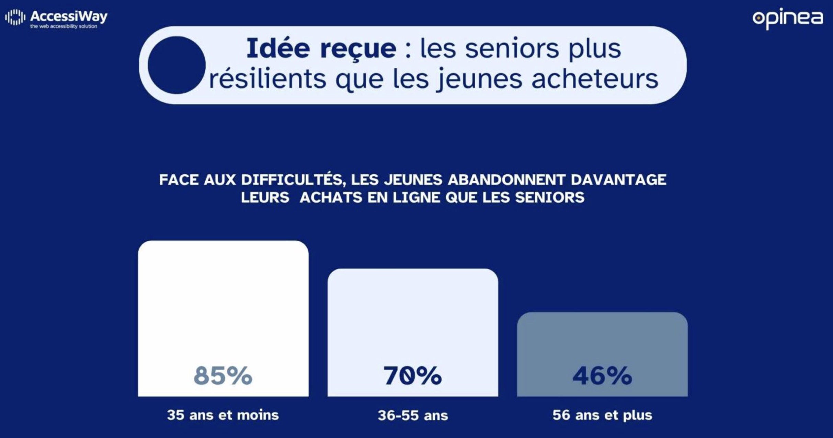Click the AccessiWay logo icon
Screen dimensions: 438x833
pos(15,17)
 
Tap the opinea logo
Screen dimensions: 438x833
pos(788,19)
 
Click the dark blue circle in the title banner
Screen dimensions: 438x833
pos(176,65)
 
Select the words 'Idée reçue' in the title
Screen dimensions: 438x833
pos(321,48)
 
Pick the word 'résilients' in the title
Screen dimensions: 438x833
pos(267,79)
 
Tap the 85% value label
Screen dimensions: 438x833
pos(223,375)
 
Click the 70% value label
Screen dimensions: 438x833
pos(412,375)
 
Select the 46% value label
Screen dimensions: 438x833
pos(602,375)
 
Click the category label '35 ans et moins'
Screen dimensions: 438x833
pos(223,415)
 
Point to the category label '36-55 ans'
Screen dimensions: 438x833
pos(413,415)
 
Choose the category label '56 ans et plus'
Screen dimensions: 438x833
pos(602,415)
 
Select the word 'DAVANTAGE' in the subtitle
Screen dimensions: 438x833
pos(618,179)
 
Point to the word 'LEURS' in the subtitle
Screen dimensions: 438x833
pos(265,197)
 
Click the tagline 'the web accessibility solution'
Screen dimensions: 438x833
pos(64,26)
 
